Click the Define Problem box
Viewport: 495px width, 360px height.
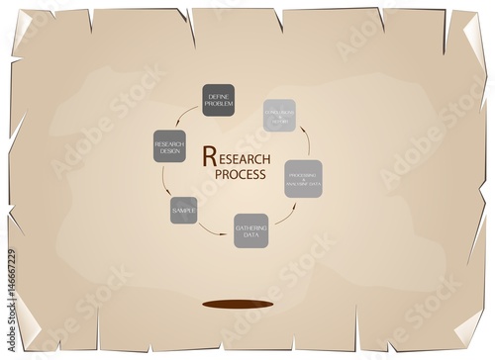tap(218, 101)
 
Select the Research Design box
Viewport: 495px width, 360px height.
tap(169, 148)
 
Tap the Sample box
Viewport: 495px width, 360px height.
tap(183, 211)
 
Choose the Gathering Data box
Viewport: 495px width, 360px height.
tap(250, 230)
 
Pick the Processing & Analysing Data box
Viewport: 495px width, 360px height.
tap(303, 178)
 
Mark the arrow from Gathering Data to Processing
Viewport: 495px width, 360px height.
tap(287, 215)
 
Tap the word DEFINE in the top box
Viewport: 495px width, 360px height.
tap(218, 96)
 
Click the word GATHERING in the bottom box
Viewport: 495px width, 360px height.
tap(250, 226)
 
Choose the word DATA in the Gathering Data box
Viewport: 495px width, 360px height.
tap(250, 234)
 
